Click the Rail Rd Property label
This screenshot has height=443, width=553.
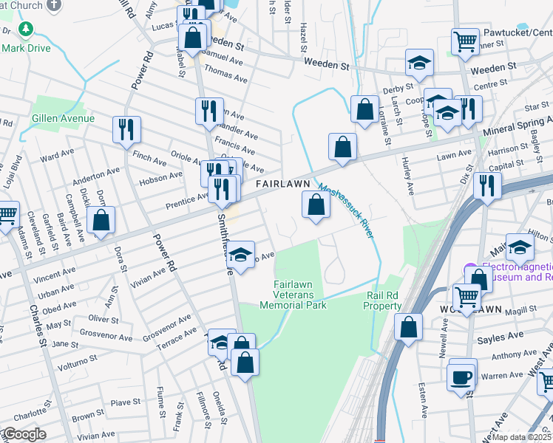383,300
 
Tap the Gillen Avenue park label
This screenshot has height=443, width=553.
63,118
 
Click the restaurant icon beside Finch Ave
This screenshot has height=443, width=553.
126,130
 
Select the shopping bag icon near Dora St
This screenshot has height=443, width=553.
101,221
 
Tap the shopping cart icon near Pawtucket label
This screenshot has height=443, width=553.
464,41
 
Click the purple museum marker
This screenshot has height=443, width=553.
468,268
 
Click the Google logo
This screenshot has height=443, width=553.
24,434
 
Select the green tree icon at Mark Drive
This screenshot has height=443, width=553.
27,30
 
